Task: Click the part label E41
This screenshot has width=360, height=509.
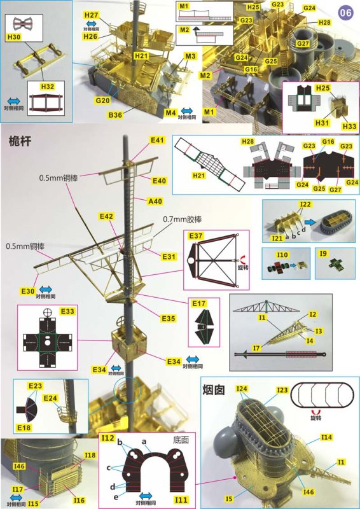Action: tap(157, 140)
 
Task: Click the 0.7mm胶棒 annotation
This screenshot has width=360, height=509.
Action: tap(184, 220)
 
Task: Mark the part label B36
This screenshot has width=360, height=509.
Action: tap(115, 115)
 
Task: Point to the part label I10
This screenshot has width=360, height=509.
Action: tap(282, 254)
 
